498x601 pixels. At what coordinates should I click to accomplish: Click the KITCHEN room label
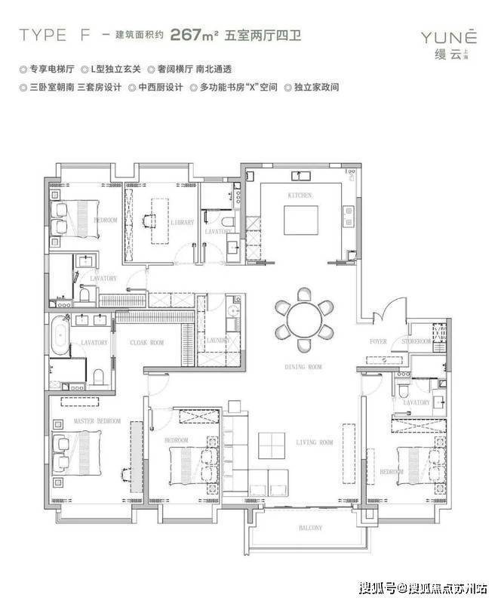(294, 195)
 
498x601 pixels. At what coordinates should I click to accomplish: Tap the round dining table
(303, 316)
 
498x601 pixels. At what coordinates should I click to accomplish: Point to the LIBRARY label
(183, 223)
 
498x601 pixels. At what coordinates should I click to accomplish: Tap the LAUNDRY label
(218, 340)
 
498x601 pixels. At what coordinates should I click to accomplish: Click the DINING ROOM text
(304, 366)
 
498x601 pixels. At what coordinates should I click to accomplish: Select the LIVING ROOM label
(315, 442)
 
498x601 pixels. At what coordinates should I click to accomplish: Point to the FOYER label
(378, 341)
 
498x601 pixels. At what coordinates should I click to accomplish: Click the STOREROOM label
(416, 341)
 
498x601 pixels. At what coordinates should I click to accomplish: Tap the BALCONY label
(310, 528)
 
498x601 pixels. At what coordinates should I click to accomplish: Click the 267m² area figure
(194, 35)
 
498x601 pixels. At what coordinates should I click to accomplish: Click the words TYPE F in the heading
(50, 35)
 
